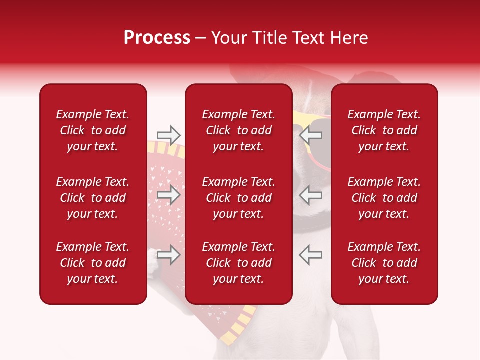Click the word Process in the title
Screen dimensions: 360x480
[157, 38]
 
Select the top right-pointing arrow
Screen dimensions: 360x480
[168, 135]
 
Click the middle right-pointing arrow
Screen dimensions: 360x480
[168, 195]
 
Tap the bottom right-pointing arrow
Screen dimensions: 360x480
[168, 255]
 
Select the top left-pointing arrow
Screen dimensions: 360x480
[310, 135]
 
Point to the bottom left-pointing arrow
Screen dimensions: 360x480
[310, 255]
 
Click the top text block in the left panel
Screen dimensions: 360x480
[93, 130]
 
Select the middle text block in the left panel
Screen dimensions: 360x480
[93, 198]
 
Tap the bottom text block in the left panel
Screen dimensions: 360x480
[93, 263]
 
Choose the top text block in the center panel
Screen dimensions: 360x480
[238, 130]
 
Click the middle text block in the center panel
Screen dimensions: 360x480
[238, 198]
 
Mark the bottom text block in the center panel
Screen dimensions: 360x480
[238, 263]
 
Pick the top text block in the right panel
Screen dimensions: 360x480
[384, 130]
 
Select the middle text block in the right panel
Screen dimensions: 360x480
[384, 198]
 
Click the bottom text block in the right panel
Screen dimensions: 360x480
[384, 263]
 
